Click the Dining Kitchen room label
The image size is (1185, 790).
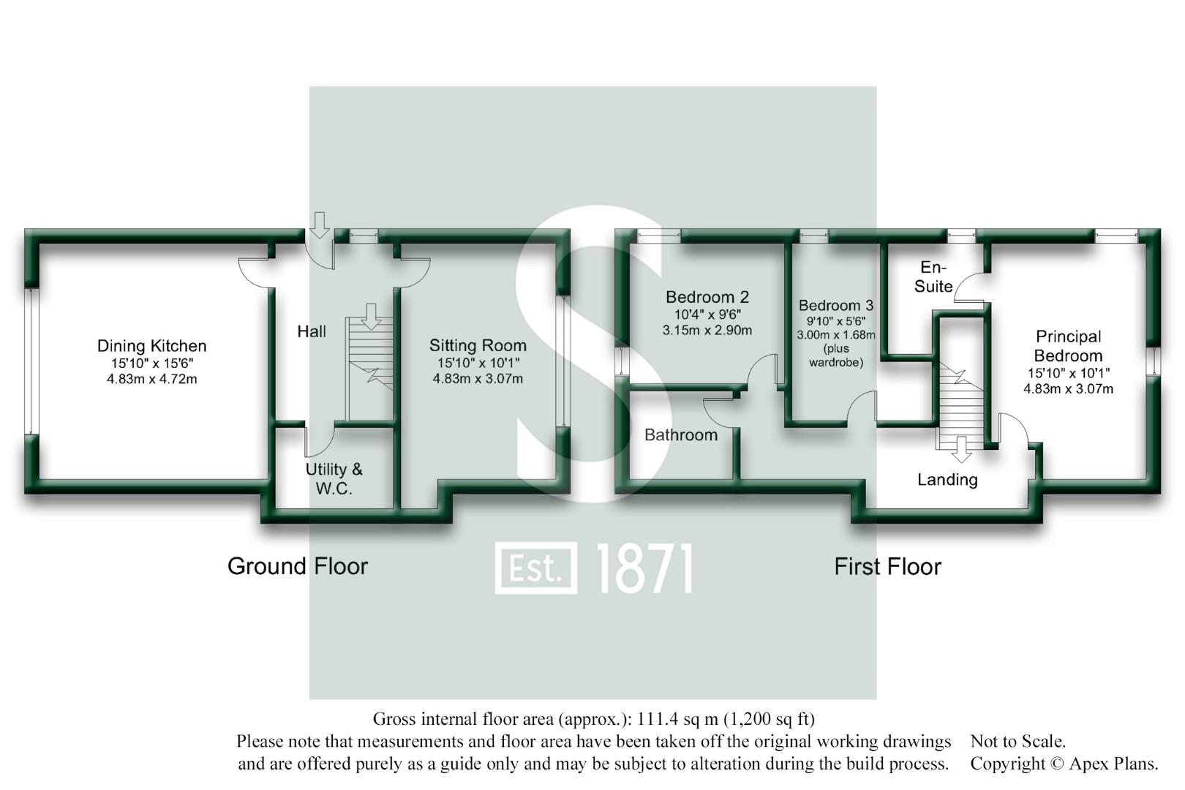(x=151, y=346)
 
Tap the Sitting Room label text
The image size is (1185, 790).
(x=478, y=345)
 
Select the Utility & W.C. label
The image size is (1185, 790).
(x=334, y=479)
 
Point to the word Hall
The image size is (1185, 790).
(x=312, y=332)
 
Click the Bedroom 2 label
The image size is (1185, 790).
(x=707, y=297)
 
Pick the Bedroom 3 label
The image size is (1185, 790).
(x=835, y=306)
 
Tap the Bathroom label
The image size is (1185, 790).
(x=680, y=435)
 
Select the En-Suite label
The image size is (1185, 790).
(x=933, y=277)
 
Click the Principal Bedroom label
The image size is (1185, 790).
(x=1068, y=346)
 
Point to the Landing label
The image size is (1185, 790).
(x=947, y=480)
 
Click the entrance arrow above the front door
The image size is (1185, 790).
(x=320, y=225)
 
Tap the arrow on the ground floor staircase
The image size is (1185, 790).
(x=371, y=315)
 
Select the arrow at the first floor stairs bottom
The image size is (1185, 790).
(x=961, y=449)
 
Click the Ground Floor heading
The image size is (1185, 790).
(x=297, y=566)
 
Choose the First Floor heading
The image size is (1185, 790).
(x=887, y=567)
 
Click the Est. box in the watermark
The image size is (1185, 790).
(x=535, y=568)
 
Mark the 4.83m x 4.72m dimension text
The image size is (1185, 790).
(x=151, y=379)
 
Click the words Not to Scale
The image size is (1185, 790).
(x=1017, y=742)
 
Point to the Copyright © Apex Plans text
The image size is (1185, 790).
(x=1064, y=764)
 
